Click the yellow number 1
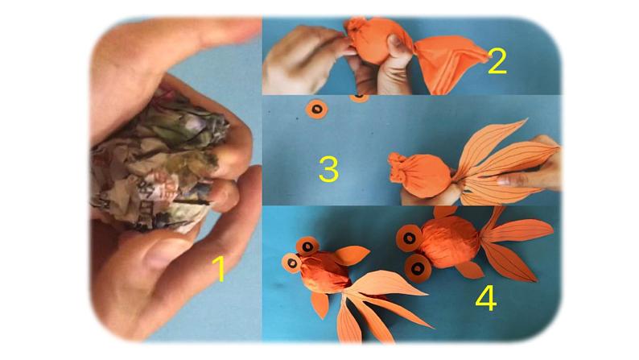coord(220,268)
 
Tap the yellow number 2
coord(497,61)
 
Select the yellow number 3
coord(328,169)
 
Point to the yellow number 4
coord(486,298)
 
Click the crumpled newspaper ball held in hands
coord(159,163)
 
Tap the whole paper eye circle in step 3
coord(316,109)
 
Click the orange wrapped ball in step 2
coord(377,41)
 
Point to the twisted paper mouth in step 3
coord(398,168)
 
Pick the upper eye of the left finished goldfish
coord(307,246)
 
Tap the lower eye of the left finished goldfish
coord(292,263)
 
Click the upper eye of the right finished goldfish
coord(410,238)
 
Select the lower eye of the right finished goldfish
coord(418,268)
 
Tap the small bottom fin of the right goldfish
coord(469,270)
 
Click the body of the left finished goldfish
coord(325,271)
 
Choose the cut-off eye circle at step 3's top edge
coord(360,97)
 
